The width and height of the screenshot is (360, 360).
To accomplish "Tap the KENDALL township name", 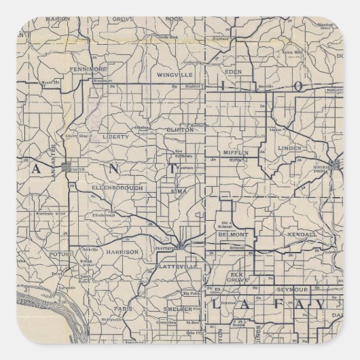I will click(302, 234).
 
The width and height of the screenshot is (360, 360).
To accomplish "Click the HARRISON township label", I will click(122, 251).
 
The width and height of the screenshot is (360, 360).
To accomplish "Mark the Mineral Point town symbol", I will click(337, 163).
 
